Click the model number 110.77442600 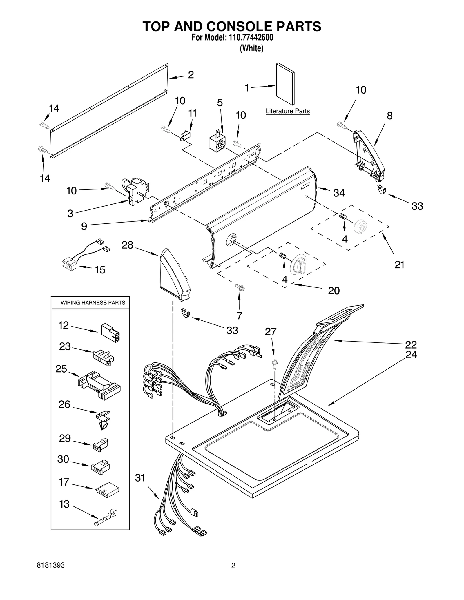(x=249, y=38)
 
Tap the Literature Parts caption (x=287, y=111)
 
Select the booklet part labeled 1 (x=285, y=84)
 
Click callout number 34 (x=339, y=193)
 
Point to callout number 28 (x=127, y=245)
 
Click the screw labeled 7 (x=240, y=288)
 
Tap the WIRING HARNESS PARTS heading (x=93, y=303)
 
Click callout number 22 (x=411, y=344)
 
